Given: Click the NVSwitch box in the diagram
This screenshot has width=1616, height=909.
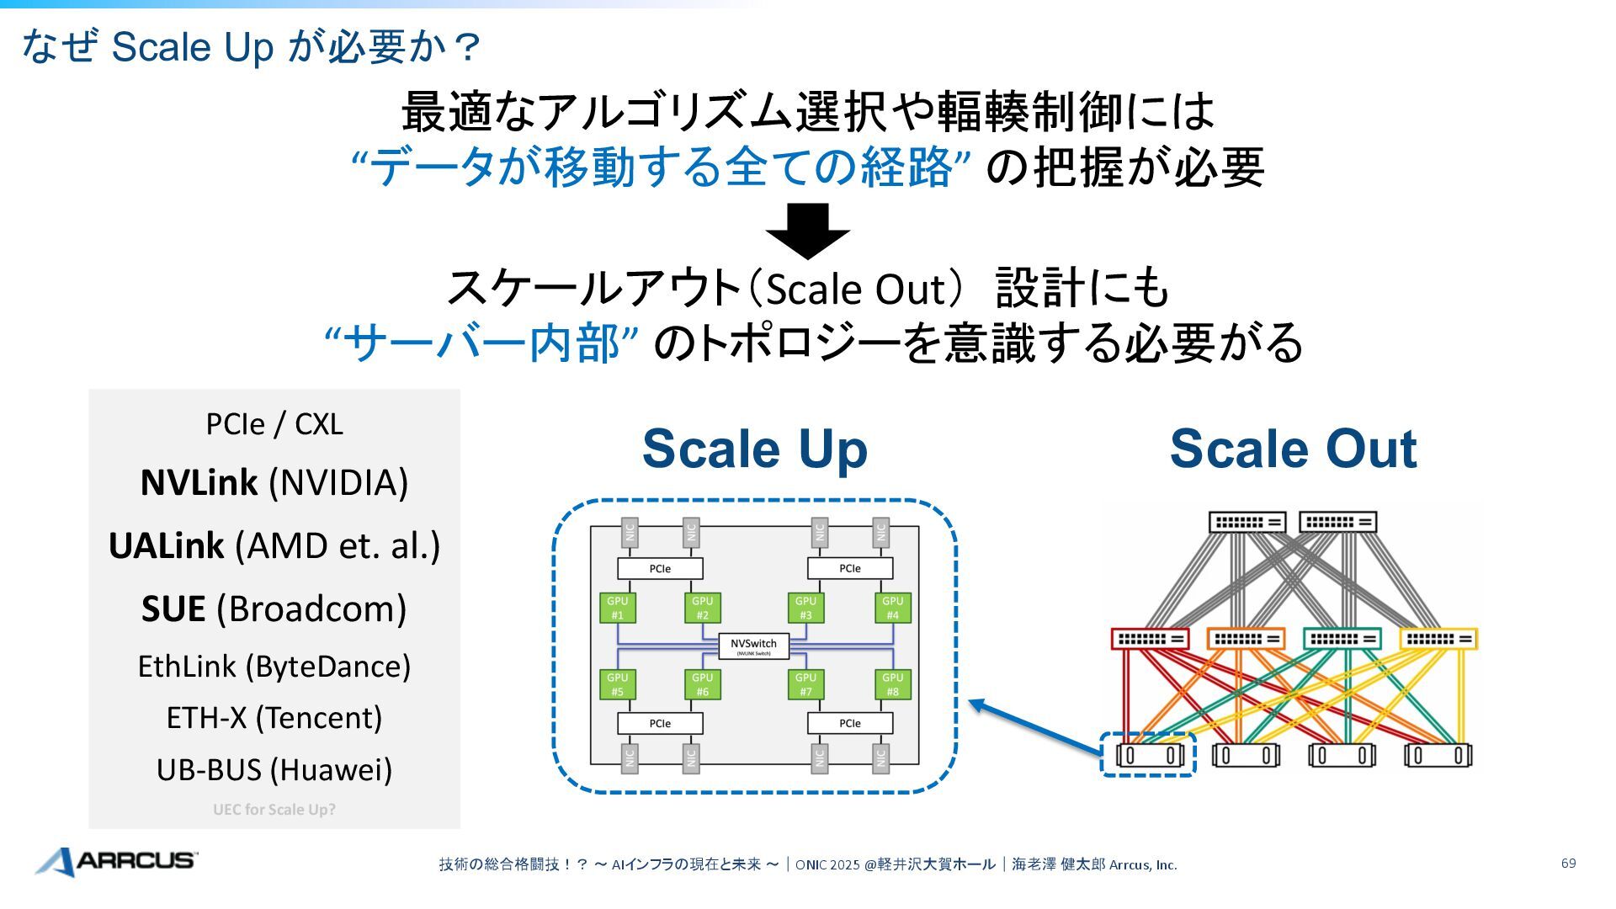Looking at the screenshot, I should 753,646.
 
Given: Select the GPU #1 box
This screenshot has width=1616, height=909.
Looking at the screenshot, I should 617,608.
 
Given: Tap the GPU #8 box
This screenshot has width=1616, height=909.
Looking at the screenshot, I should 892,684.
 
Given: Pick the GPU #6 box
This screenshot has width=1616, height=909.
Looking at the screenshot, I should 702,684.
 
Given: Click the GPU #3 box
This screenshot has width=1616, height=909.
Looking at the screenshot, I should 805,608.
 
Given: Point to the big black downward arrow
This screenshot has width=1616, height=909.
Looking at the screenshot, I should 807,231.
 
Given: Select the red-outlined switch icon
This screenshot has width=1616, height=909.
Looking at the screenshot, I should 1150,639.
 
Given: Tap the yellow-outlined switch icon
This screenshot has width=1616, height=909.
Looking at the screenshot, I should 1438,639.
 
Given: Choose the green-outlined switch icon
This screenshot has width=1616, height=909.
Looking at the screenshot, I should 1342,639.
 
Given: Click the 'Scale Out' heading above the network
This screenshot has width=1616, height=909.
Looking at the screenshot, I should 1293,449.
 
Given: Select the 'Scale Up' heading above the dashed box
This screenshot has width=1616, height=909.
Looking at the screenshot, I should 754,449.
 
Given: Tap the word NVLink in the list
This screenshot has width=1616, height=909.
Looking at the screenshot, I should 199,483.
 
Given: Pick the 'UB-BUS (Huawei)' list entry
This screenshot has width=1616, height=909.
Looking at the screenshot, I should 274,769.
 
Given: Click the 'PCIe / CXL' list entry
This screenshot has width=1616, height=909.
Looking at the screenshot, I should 274,424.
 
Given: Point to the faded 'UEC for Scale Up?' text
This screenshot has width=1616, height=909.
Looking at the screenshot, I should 274,810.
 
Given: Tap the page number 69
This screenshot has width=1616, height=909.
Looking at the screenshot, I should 1568,864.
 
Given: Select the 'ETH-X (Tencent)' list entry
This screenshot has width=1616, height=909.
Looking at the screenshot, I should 274,718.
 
